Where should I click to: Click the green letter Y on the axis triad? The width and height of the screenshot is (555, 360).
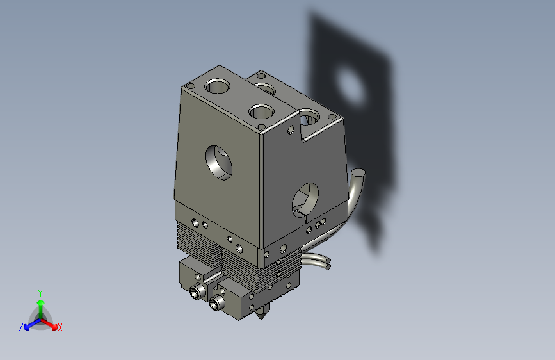pos(40,292)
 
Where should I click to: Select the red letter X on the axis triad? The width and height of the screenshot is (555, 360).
pos(60,327)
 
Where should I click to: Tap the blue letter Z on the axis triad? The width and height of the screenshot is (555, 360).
pos(21,327)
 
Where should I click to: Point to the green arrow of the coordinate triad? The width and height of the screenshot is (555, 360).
pos(40,304)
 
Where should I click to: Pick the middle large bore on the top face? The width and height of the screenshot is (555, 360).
pos(262,111)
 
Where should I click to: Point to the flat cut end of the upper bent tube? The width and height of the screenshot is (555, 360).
pos(359,172)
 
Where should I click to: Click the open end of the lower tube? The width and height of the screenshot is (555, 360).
pos(327,262)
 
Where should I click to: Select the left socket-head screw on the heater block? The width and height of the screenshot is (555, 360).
pos(196,293)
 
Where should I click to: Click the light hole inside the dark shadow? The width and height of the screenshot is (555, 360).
pos(350,86)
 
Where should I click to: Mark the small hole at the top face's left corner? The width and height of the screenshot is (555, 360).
pos(190,86)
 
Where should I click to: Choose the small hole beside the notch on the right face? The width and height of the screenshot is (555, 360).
pos(291,130)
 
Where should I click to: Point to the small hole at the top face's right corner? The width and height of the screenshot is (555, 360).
pos(332,116)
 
